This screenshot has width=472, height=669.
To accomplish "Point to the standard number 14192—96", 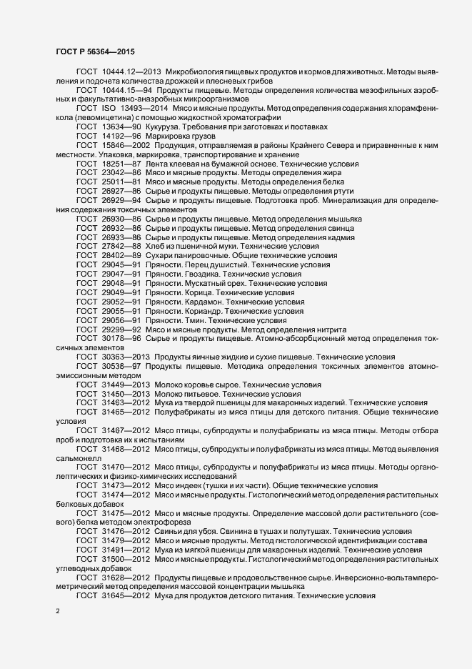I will coord(122,136).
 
